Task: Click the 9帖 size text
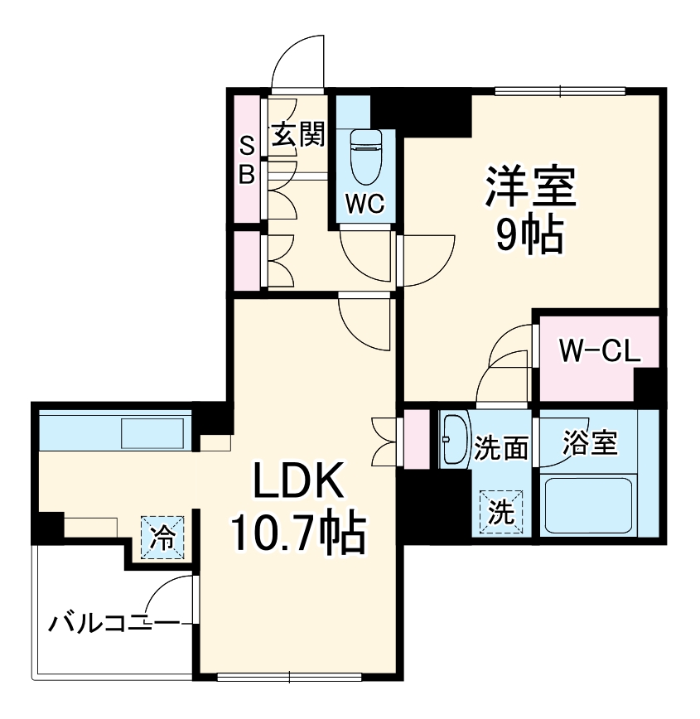[x=530, y=235]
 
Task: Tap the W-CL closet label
[x=599, y=352]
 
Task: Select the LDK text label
[x=297, y=480]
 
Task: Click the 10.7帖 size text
[x=297, y=533]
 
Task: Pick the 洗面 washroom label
[x=500, y=448]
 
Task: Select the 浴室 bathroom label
[x=589, y=443]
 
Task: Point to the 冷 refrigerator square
[x=162, y=538]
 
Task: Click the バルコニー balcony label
[x=112, y=622]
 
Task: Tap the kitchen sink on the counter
[x=152, y=432]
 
